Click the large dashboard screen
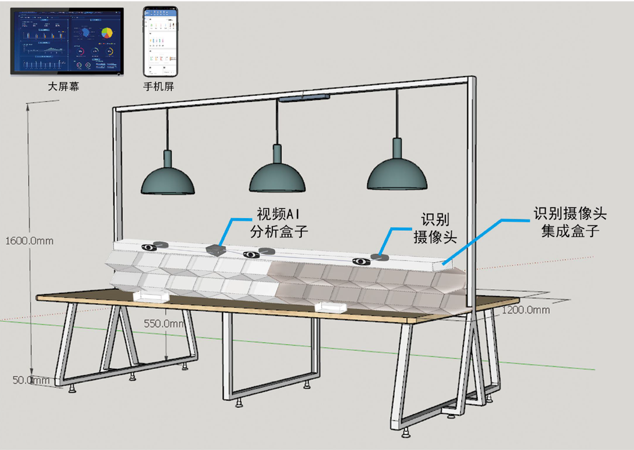(67, 41)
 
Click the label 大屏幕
(64, 88)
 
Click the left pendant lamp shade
(168, 181)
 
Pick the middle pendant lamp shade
(277, 179)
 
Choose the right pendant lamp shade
(397, 175)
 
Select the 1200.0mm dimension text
(525, 310)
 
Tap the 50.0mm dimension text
(31, 380)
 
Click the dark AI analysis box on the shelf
(216, 249)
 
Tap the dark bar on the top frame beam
(305, 99)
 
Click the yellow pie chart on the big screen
(107, 32)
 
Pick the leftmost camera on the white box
(149, 246)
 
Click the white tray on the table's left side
(152, 296)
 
